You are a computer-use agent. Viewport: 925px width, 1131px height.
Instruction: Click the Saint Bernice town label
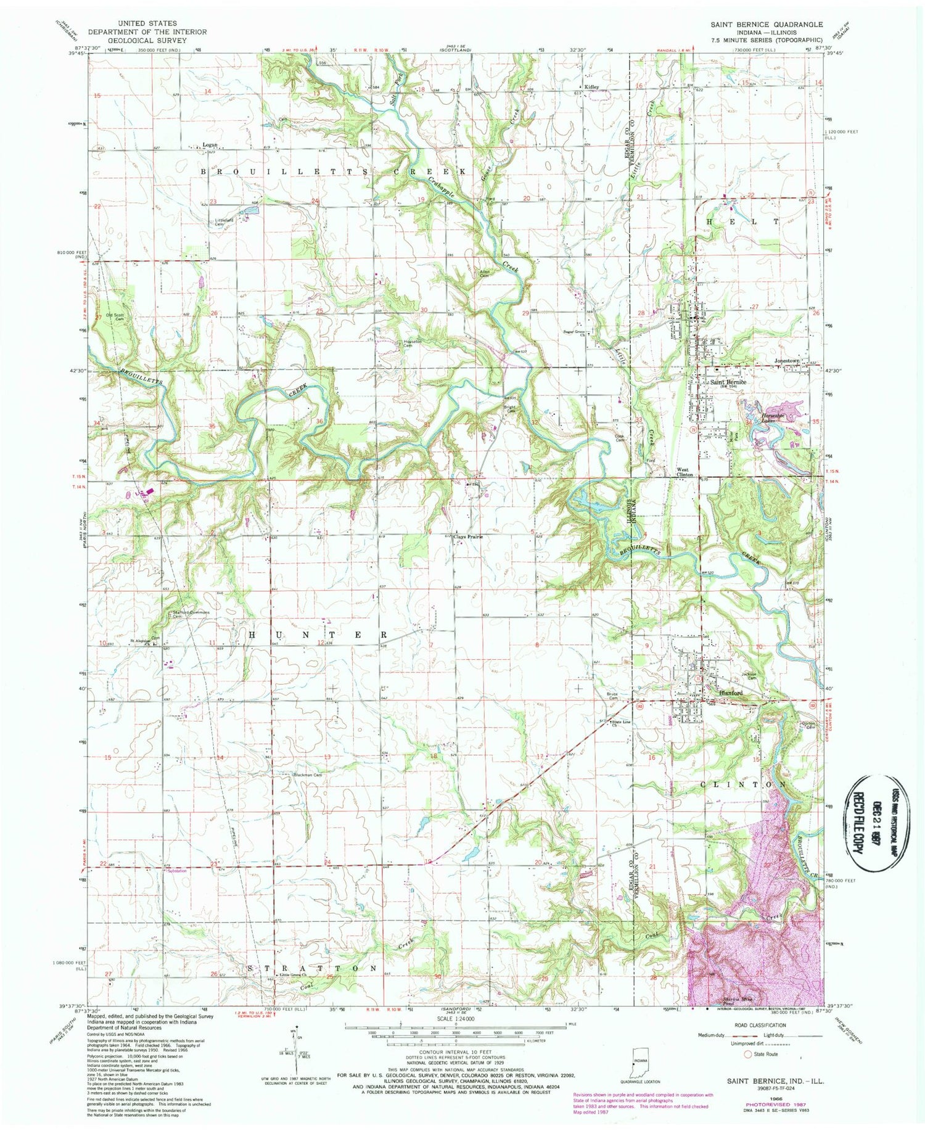[x=728, y=382]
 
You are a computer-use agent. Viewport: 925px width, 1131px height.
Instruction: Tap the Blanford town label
[x=731, y=693]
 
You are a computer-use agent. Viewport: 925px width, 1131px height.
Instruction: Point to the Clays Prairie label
[x=468, y=537]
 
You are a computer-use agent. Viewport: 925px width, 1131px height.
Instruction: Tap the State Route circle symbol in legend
[x=749, y=1054]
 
